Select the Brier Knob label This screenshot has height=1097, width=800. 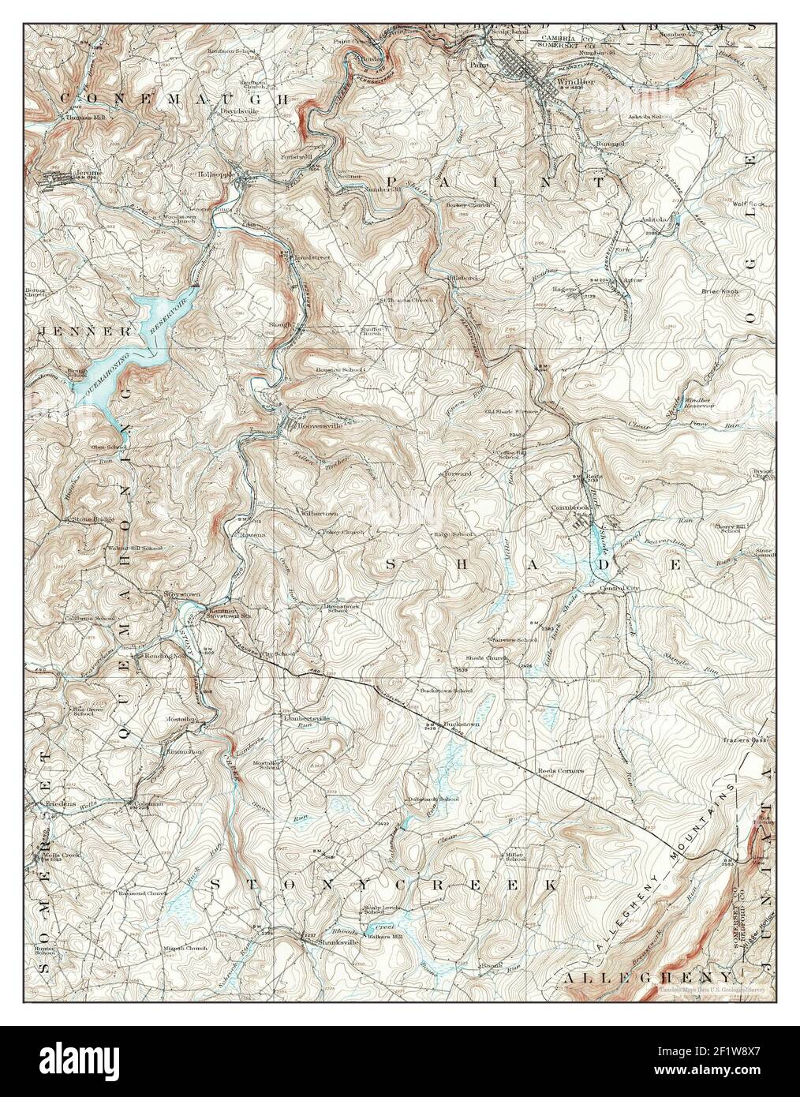pos(719,291)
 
